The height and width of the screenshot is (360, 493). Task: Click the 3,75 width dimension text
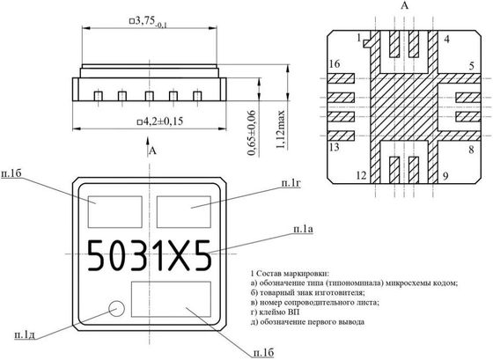(149, 22)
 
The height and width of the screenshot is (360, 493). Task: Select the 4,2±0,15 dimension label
(160, 121)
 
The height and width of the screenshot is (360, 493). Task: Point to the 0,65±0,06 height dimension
(252, 133)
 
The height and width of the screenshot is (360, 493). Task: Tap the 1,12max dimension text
(280, 130)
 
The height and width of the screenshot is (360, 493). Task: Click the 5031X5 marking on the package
(149, 255)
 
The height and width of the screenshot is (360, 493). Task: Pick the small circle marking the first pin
(116, 308)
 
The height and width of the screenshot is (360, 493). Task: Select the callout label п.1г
(291, 183)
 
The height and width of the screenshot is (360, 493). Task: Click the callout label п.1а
(303, 229)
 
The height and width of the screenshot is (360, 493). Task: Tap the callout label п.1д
(25, 335)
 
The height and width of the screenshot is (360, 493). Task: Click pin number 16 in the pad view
(335, 64)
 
